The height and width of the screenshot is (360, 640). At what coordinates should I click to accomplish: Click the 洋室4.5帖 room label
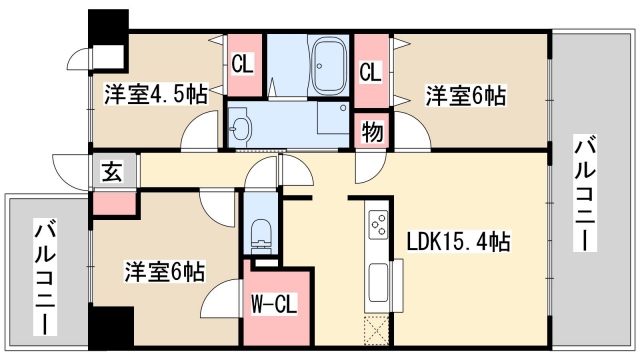155,95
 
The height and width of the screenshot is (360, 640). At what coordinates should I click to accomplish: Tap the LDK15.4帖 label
459,241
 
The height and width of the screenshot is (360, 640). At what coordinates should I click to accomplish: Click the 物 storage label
369,132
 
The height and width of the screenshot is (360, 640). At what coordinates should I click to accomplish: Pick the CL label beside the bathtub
369,72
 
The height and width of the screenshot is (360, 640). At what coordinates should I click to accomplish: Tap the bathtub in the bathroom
327,64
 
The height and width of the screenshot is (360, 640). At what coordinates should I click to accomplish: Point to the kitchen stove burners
378,226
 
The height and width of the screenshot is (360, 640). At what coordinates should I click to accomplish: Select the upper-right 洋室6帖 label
466,96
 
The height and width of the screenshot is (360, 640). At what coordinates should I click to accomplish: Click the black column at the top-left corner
109,27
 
